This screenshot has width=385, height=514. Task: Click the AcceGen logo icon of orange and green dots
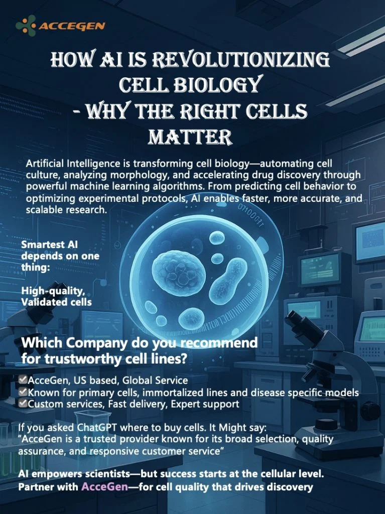click(26, 25)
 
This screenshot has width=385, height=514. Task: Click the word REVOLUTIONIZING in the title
click(241, 60)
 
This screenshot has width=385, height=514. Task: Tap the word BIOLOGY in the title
click(217, 84)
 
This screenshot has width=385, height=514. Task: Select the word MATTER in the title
click(190, 137)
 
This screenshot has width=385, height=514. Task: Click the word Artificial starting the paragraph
click(45, 163)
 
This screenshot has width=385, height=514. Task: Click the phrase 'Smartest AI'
click(50, 244)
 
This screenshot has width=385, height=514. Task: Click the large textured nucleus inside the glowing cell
click(179, 273)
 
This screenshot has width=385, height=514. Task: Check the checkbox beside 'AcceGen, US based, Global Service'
click(23, 379)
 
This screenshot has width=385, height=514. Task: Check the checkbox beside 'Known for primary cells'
click(23, 392)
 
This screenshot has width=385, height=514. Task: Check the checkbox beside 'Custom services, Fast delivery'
click(23, 403)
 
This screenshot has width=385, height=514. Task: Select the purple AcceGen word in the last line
click(104, 486)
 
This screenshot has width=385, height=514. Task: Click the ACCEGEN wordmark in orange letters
click(72, 26)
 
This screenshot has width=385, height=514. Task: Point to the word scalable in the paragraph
click(45, 210)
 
